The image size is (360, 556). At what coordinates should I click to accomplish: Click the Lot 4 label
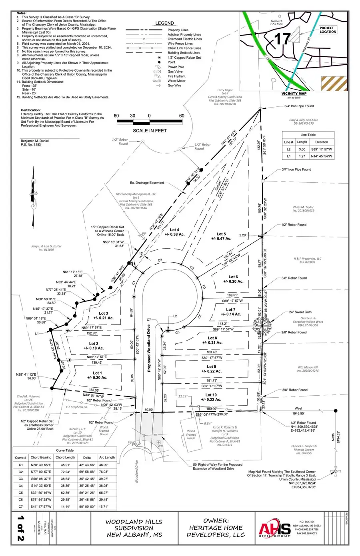coord(174,230)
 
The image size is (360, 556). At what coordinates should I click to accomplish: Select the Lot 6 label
coord(233,277)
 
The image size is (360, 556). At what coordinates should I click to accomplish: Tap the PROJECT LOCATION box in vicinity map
coord(328,30)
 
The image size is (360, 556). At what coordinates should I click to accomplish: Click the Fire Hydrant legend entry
coord(176,76)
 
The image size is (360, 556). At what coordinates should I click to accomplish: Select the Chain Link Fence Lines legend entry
coord(184,48)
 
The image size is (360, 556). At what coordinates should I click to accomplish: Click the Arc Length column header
coord(107,457)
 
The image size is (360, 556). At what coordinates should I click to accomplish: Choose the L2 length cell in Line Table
coord(302,149)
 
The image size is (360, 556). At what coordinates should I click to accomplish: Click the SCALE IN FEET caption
coord(150,130)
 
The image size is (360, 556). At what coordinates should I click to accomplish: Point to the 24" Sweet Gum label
coord(300,312)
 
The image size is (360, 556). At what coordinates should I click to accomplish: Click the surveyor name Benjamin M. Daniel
coord(36,141)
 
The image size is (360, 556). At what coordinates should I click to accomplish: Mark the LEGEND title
coord(164,23)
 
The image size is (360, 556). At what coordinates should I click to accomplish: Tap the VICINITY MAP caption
coord(294,94)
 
